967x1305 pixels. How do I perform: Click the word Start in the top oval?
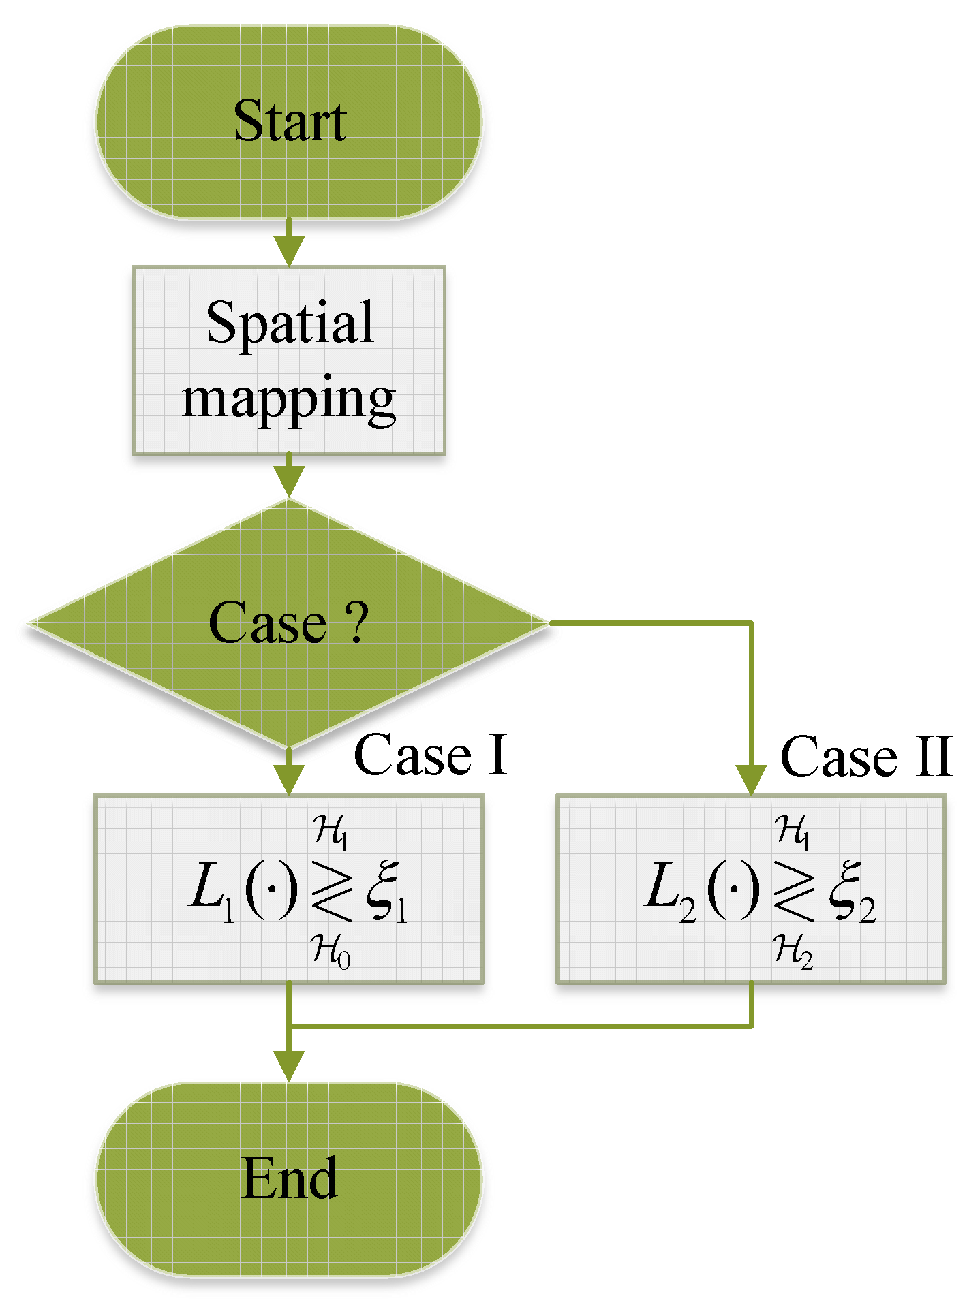290,121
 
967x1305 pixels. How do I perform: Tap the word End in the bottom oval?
290,1178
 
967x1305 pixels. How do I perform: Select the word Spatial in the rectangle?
290,322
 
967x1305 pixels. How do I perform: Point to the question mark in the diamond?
356,621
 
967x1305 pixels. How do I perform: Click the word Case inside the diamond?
267,623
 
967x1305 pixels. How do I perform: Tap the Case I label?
431,755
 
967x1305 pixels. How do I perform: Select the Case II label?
865,756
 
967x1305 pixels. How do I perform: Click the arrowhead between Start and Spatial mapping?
289,250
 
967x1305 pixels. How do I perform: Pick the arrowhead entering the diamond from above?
289,482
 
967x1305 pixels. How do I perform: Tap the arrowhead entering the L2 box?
751,779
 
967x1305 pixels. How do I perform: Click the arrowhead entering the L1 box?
289,779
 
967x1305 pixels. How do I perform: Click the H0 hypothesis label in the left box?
331,950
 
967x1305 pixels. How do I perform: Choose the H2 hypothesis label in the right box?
793,950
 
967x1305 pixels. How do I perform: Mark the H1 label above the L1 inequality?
331,832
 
